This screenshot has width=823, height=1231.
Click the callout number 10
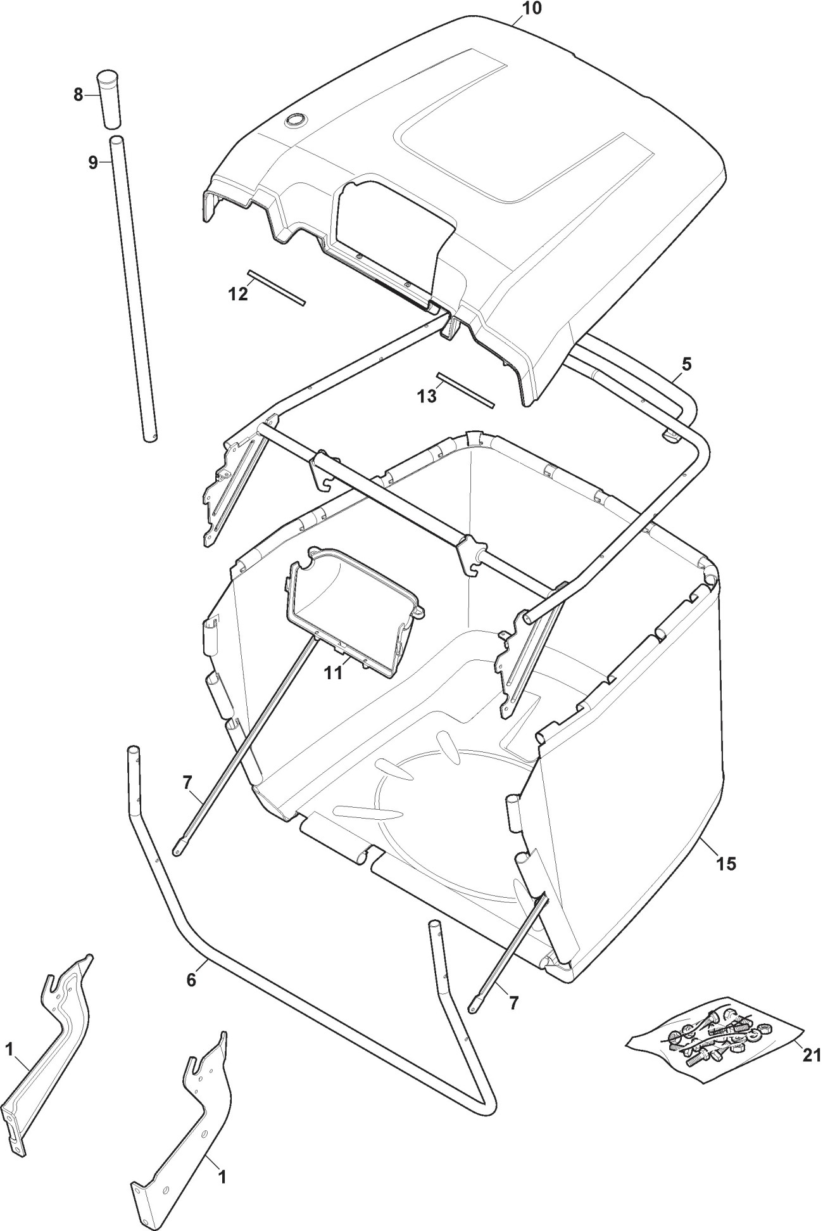[x=532, y=10]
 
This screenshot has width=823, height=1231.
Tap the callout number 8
[x=78, y=95]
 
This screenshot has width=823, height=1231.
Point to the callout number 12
[x=239, y=294]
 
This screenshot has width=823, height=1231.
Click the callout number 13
[x=427, y=396]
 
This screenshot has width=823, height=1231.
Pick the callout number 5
[x=687, y=364]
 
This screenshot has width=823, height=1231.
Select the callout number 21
[x=811, y=1055]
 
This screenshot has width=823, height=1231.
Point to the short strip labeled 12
[x=277, y=288]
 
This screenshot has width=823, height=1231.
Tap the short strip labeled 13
[x=465, y=390]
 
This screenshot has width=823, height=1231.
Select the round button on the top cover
[x=295, y=120]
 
